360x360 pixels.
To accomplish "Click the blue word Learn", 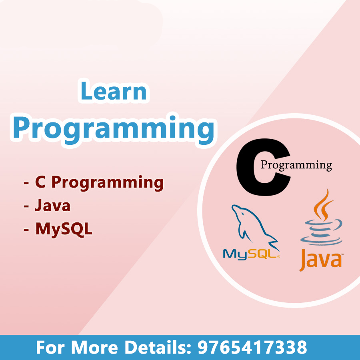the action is (x=114, y=91).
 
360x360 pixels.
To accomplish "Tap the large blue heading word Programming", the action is (x=114, y=129).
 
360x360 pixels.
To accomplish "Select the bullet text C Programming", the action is (x=99, y=182).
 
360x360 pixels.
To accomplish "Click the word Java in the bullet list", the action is (x=53, y=205).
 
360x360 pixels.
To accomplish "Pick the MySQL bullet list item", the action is (x=64, y=229).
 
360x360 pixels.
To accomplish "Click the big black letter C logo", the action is (x=263, y=167).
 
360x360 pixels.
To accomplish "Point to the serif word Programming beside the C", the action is (x=296, y=165).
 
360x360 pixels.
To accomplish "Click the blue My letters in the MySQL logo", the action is (x=233, y=254).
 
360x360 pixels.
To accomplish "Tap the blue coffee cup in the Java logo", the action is (x=322, y=232).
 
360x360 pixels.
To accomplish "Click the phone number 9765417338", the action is (x=252, y=347).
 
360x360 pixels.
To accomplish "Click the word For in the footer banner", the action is (x=50, y=347).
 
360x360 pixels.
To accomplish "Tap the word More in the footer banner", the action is (x=94, y=347).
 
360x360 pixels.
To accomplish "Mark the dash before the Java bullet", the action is (x=26, y=206).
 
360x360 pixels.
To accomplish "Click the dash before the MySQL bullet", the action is (x=26, y=229).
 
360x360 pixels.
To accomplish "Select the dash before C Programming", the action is (x=26, y=183).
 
